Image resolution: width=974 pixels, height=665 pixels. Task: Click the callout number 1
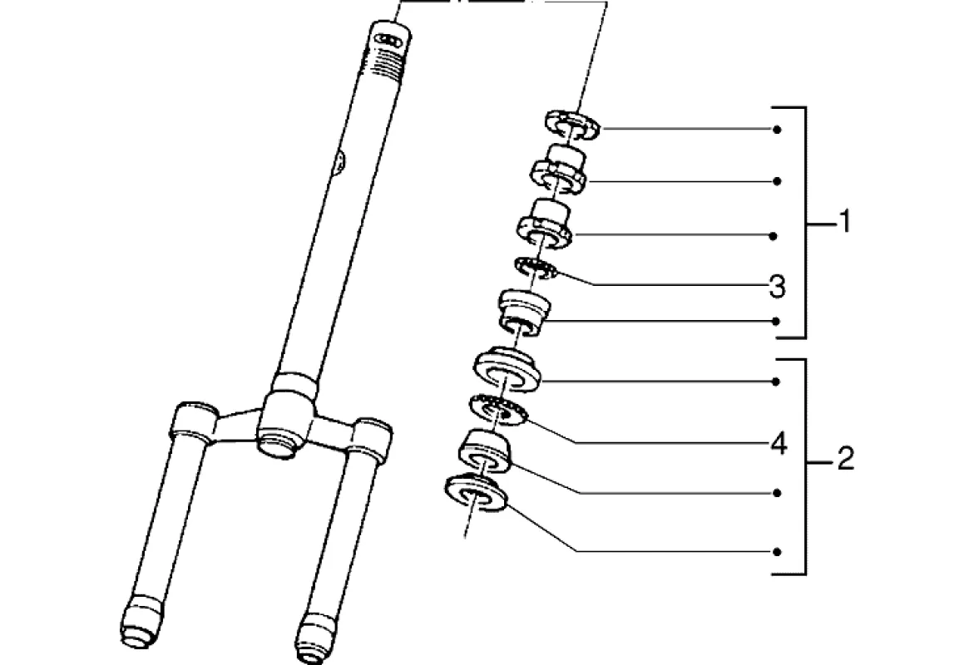coord(845,223)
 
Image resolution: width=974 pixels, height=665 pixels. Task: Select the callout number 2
coord(845,458)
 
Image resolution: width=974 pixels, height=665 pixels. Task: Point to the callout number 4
coord(778,444)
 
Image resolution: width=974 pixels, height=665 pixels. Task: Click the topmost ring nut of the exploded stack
coord(573,122)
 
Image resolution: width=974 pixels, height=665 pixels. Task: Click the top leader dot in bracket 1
coord(776,130)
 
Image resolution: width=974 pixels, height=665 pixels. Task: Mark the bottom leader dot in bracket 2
coord(776,551)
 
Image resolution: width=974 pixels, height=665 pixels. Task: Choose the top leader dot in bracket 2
coord(776,382)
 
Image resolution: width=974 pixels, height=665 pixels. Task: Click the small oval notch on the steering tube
coord(339,162)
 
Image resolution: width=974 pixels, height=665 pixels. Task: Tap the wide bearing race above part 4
coord(507,369)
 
